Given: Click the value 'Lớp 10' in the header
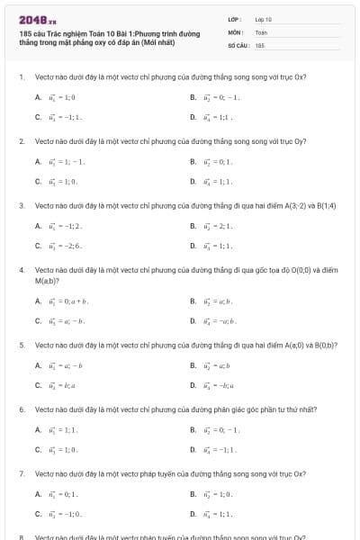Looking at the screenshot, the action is coord(263,19).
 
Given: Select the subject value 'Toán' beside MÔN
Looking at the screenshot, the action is coord(261,31).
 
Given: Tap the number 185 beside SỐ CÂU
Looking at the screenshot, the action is coord(259,44).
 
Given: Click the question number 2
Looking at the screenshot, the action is coord(21,141).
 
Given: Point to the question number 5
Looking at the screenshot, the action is coord(21,345).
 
